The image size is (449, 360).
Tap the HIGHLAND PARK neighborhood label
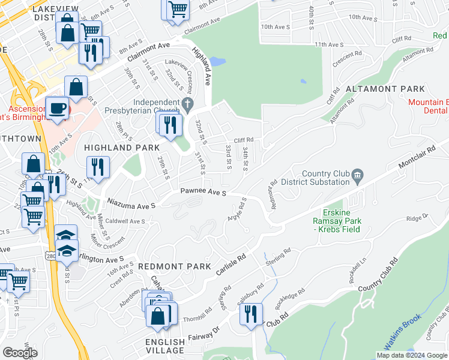(122, 148)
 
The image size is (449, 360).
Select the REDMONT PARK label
(174, 266)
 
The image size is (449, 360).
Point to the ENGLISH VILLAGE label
(165, 346)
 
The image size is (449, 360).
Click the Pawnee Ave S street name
(203, 193)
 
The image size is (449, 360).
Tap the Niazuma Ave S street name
(131, 205)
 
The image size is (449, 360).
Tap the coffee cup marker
(58, 109)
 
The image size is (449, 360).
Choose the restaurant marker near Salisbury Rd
(251, 314)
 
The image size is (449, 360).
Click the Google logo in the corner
(20, 353)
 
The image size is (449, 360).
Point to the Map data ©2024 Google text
(411, 355)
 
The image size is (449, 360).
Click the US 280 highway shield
(50, 256)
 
